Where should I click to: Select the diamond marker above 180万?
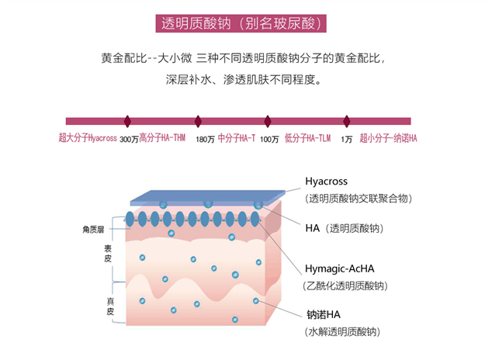click(198, 121)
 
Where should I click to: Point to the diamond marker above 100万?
click(268, 121)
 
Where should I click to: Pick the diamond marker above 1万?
click(345, 121)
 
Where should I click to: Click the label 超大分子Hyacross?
click(87, 138)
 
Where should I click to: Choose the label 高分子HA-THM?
click(162, 138)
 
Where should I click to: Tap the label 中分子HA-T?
click(237, 138)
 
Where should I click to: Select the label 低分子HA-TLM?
click(308, 138)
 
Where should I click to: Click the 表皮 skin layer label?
click(108, 254)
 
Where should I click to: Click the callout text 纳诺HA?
click(324, 315)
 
